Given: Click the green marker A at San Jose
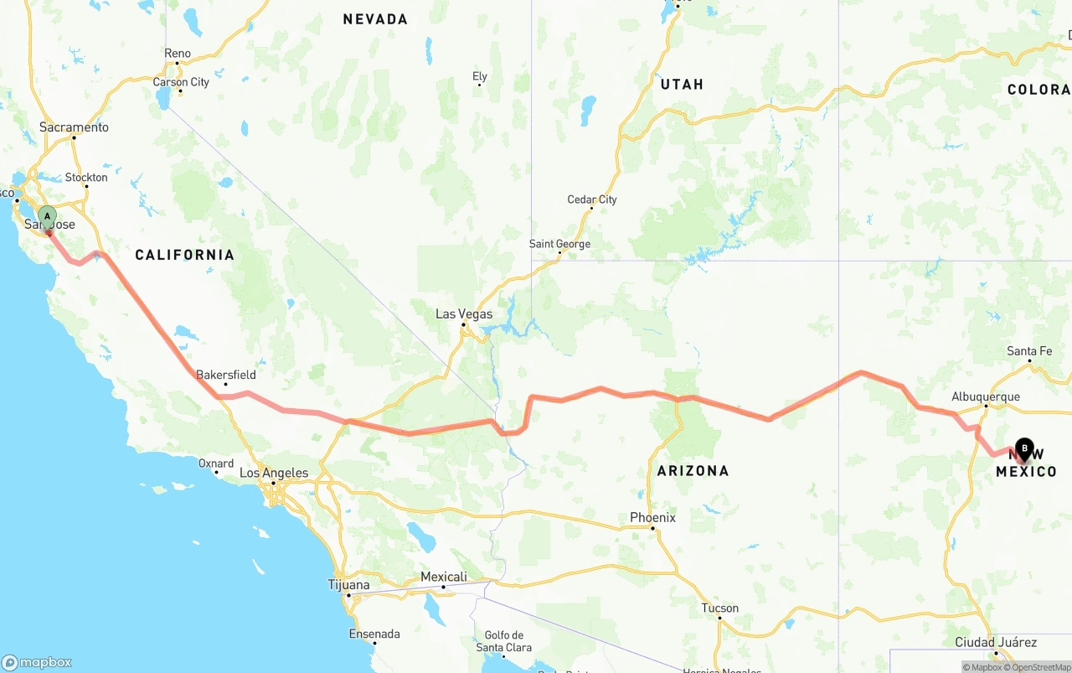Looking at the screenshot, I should [47, 217].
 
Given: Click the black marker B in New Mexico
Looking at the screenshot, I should [1024, 448].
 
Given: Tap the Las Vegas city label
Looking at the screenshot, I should [463, 314].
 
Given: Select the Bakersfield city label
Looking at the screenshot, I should [226, 375].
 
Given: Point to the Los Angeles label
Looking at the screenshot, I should [274, 473].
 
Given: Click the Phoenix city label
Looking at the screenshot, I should [652, 518].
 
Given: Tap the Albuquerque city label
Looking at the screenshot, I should [986, 396].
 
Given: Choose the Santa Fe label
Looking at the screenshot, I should [1029, 351].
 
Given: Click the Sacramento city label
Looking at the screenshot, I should [74, 127].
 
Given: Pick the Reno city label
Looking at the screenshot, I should [178, 54].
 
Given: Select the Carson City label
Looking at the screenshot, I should [181, 82].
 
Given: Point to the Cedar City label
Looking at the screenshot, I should [592, 199].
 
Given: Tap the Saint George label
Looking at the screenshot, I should [559, 244].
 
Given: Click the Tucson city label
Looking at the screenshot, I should [720, 608].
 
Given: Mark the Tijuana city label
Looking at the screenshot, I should [348, 585].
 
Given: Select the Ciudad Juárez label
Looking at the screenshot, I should [996, 642].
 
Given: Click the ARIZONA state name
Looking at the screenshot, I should [693, 471].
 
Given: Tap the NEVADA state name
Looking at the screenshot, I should [375, 19].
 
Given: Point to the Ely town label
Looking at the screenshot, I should [480, 76].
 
